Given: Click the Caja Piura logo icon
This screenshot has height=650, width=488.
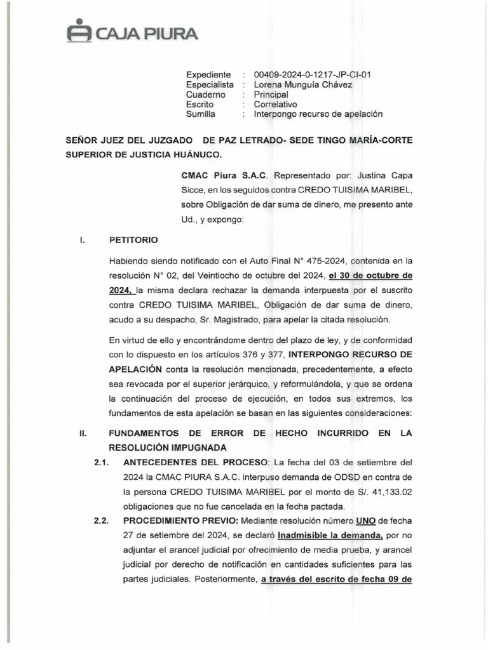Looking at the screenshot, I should [79, 32].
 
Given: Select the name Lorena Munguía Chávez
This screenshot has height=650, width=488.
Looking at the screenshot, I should [302, 84].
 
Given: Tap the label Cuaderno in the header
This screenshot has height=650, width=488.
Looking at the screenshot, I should [206, 95].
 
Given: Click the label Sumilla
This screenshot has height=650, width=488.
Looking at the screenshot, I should [201, 114].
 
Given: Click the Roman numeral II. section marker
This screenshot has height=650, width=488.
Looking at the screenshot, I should [82, 433].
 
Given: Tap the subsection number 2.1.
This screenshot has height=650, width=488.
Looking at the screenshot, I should [102, 461].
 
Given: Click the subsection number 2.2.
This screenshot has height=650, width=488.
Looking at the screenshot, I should [102, 522].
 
